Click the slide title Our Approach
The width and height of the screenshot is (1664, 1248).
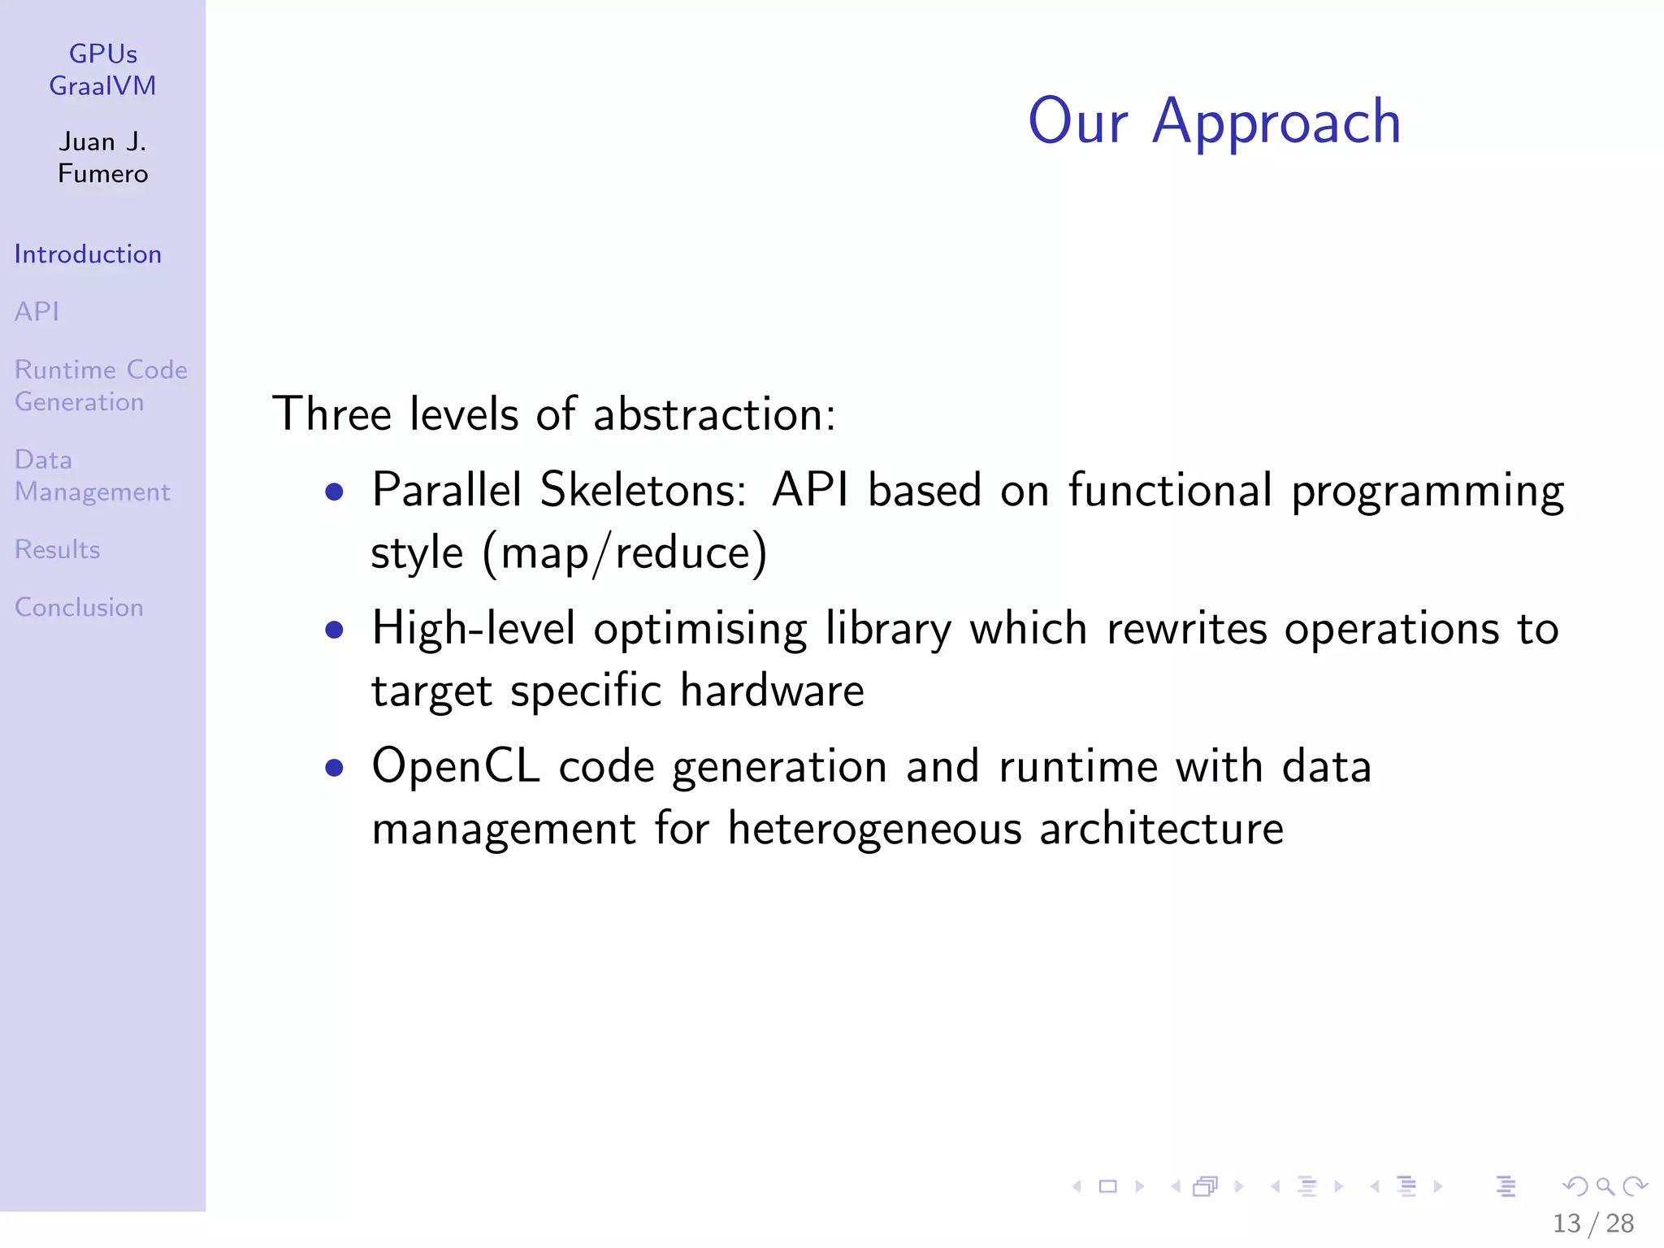coord(1214,122)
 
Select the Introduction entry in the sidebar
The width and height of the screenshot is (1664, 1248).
coord(88,254)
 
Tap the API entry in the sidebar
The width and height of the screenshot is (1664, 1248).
coord(37,311)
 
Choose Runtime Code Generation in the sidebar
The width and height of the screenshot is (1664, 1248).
coord(100,386)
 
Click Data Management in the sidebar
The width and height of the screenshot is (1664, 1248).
coord(92,476)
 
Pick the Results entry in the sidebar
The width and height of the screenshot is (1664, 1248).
coord(57,550)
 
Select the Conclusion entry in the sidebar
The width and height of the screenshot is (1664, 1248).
coord(79,608)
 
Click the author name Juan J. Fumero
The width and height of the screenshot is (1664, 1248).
coord(103,158)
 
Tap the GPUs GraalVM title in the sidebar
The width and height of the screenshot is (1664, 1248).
coord(103,70)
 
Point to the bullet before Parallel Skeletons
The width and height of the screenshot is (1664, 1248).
coord(334,492)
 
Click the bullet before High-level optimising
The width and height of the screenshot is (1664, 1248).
coord(334,630)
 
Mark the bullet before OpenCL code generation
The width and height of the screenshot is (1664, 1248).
coord(334,768)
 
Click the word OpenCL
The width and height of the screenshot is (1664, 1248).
coord(456,766)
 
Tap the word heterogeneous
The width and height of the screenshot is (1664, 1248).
coord(874,830)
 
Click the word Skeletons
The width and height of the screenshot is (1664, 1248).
coord(643,490)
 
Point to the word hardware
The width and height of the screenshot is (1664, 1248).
coord(772,691)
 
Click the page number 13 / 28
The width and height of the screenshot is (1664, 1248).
coord(1592,1223)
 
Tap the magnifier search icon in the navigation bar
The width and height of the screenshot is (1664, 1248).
coord(1605,1187)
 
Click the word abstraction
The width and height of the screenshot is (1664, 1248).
coord(714,414)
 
